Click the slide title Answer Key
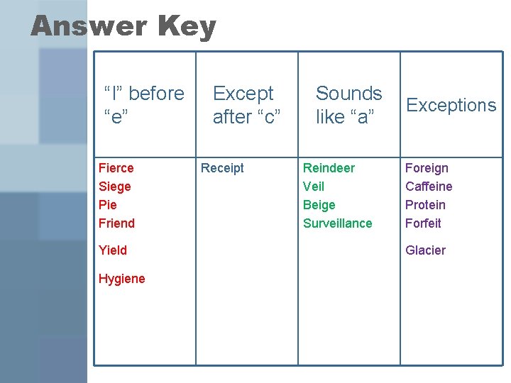coord(123,27)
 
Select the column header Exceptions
coord(451,106)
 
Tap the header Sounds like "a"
coord(348,105)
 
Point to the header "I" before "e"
coord(144,105)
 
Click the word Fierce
coord(116,168)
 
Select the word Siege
coord(115,187)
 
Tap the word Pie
coord(107,205)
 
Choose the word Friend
coord(116,223)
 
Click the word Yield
coord(113,250)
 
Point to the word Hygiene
coord(121,279)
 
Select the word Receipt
coord(222,168)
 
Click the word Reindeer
coord(329,168)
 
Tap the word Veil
coord(314,187)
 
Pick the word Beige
coord(319,205)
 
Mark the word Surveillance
coord(337,223)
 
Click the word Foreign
coord(427,168)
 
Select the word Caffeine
coord(429,187)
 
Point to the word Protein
coord(425,205)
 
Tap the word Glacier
coord(425,250)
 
